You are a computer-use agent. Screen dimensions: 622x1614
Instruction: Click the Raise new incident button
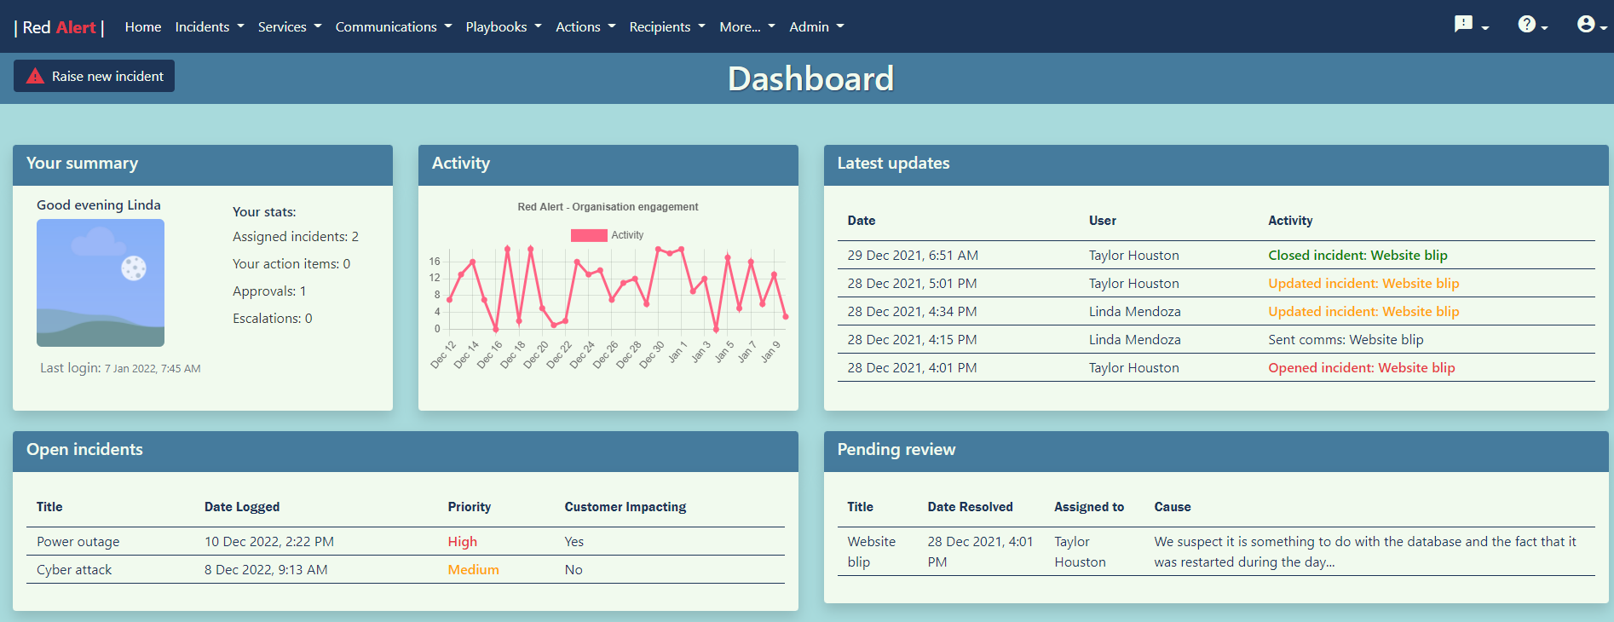tap(95, 76)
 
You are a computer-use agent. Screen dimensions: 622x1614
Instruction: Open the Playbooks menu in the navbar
tap(503, 26)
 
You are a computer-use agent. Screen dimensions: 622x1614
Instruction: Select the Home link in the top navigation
tap(142, 26)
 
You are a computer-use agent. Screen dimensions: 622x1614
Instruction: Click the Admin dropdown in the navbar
tap(816, 26)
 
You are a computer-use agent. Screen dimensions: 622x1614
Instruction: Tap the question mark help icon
tap(1526, 25)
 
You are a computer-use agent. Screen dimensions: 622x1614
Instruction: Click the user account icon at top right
tap(1585, 25)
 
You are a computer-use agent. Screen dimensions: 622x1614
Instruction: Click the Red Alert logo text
tap(59, 27)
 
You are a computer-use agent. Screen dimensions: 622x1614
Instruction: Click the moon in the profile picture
tap(134, 268)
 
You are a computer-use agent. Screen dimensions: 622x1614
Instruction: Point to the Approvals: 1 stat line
tap(269, 291)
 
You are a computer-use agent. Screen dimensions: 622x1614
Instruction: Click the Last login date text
tap(153, 369)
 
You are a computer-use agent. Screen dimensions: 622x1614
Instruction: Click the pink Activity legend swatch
tap(589, 235)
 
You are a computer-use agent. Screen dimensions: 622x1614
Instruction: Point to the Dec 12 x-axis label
tap(443, 354)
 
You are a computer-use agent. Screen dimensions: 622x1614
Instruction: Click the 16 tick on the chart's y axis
tap(435, 262)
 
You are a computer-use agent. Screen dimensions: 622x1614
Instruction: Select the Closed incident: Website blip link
tap(1357, 256)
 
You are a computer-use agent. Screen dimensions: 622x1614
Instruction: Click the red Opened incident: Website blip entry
tap(1361, 368)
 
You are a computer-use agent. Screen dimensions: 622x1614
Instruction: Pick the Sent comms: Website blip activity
tap(1345, 340)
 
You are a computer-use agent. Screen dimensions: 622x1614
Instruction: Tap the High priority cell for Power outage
tap(463, 542)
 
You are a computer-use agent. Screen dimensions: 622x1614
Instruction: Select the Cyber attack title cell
tap(74, 570)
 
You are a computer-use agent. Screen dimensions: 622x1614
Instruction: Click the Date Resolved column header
tap(970, 507)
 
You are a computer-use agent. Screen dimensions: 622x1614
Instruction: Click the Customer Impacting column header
tap(625, 507)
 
